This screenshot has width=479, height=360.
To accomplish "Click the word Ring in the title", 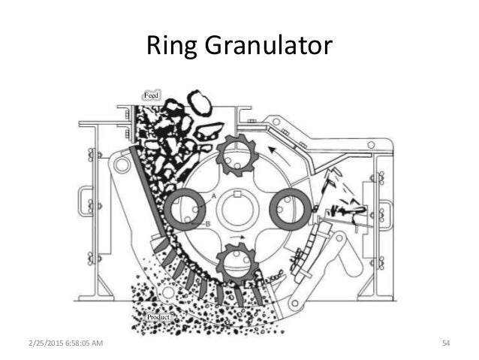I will click(170, 46).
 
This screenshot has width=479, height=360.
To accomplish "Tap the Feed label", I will click(152, 95).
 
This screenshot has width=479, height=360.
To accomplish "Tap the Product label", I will click(158, 318).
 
